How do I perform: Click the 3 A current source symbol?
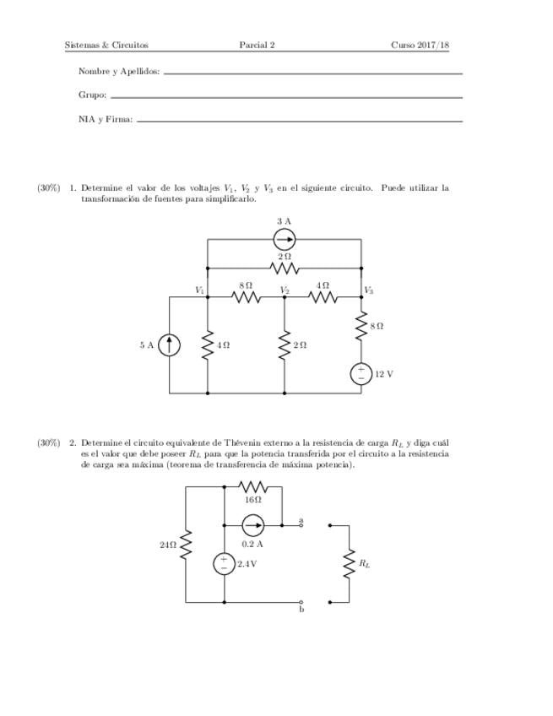pyautogui.click(x=285, y=240)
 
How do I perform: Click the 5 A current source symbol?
pyautogui.click(x=170, y=344)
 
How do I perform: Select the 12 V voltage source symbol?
pyautogui.click(x=361, y=373)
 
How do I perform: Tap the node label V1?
pyautogui.click(x=200, y=290)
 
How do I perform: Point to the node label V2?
pyautogui.click(x=285, y=290)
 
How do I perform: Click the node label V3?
pyautogui.click(x=369, y=290)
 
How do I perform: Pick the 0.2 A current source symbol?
pyautogui.click(x=252, y=525)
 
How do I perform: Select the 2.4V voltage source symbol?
pyautogui.click(x=224, y=563)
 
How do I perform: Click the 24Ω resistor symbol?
pyautogui.click(x=186, y=545)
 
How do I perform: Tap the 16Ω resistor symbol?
pyautogui.click(x=253, y=487)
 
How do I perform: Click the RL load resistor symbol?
pyautogui.click(x=348, y=563)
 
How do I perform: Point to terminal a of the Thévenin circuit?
pyautogui.click(x=301, y=525)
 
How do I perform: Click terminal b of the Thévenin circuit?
pyautogui.click(x=301, y=602)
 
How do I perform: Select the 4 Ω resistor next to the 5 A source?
pyautogui.click(x=208, y=344)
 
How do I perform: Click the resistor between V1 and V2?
pyautogui.click(x=246, y=297)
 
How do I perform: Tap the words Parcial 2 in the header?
pyautogui.click(x=257, y=45)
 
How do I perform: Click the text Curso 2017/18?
pyautogui.click(x=419, y=45)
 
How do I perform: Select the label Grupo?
pyautogui.click(x=92, y=95)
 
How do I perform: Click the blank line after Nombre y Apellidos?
pyautogui.click(x=312, y=73)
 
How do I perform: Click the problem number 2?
pyautogui.click(x=73, y=442)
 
